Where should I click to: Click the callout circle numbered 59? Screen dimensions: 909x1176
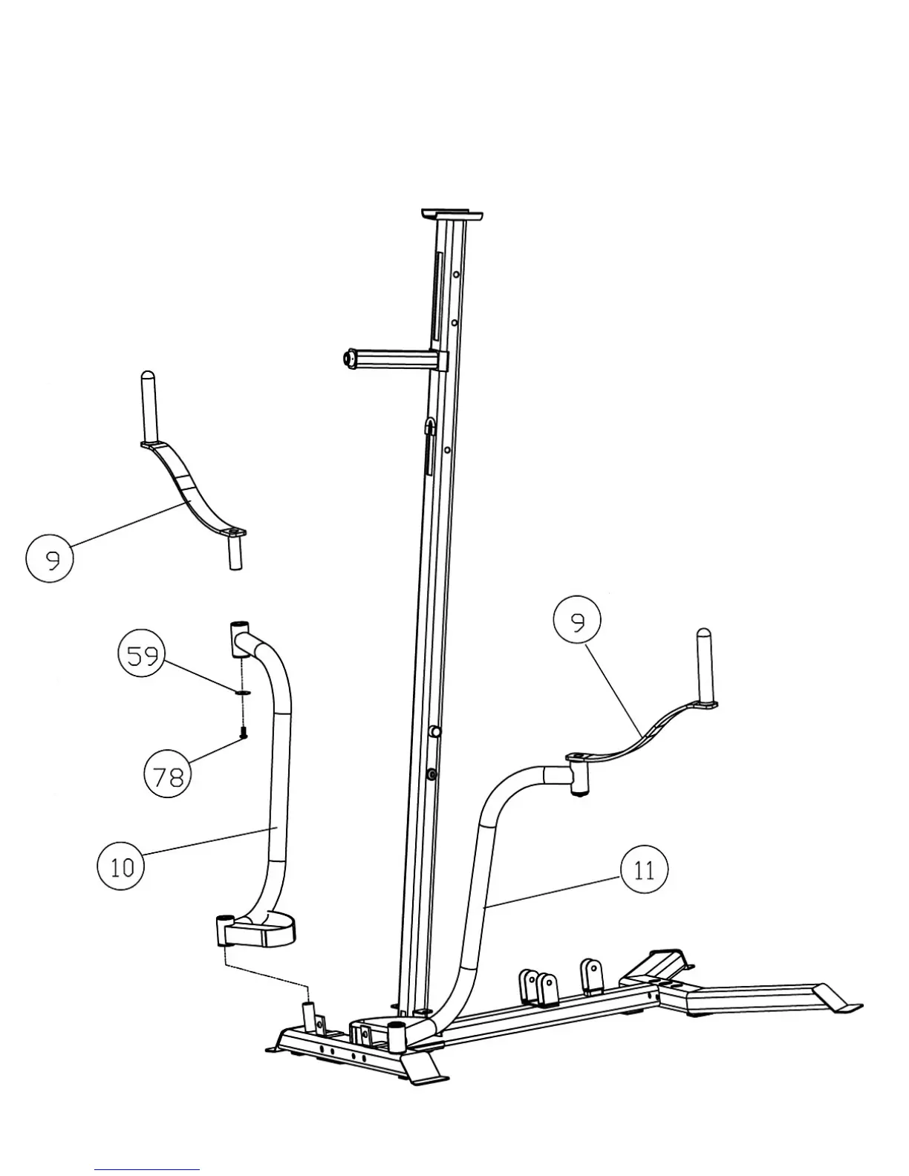point(143,656)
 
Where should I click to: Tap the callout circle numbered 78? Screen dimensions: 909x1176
point(167,777)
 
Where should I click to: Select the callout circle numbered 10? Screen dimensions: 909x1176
point(122,866)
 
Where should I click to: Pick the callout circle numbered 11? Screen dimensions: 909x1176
point(643,869)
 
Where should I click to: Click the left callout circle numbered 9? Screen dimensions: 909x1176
point(50,558)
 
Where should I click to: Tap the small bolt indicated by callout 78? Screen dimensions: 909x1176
point(243,733)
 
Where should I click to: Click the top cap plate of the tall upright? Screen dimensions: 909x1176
point(452,215)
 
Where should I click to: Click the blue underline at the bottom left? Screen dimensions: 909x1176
point(146,1169)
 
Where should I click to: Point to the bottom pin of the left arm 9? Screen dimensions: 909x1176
point(235,554)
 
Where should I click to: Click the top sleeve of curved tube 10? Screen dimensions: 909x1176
point(239,639)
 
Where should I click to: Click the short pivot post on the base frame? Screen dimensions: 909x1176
point(309,1014)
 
